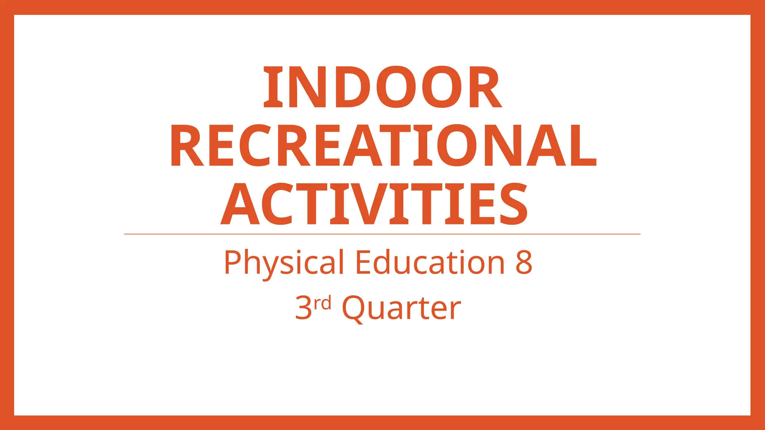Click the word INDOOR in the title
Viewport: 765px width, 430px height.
pos(382,87)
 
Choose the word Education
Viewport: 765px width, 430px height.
pos(430,262)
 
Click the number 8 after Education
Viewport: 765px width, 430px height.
pos(524,262)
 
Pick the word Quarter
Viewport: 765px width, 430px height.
pos(401,308)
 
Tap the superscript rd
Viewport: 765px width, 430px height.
pos(322,303)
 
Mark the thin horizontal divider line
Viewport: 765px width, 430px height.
pos(382,234)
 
